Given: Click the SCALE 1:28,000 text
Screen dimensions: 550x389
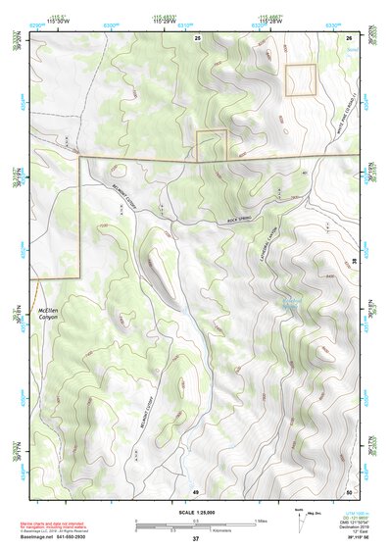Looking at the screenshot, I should [x=195, y=513].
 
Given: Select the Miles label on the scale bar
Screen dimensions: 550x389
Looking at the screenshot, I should [x=259, y=520].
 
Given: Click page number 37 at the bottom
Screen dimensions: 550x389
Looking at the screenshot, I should [x=195, y=539].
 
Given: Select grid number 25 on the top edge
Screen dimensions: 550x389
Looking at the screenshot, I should [x=197, y=37].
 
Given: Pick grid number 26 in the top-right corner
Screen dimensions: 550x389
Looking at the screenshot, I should [x=349, y=37].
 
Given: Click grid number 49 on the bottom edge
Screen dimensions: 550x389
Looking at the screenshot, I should [x=195, y=491].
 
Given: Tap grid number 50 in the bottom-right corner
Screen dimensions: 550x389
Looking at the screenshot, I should [x=349, y=491].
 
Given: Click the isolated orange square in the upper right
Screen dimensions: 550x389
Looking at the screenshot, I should [x=300, y=79].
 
